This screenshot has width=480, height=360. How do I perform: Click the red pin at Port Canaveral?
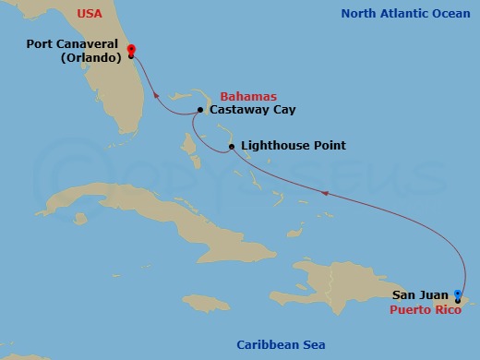131,50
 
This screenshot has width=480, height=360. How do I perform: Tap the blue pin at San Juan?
458,294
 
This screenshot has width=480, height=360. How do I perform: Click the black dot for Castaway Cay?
199,111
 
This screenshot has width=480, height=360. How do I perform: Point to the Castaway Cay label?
247,110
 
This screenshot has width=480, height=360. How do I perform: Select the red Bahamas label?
248,96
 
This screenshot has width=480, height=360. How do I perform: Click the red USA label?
77,14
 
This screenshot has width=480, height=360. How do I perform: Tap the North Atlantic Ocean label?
405,13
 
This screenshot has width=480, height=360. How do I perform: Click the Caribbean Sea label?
281,344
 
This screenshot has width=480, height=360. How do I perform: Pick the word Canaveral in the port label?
91,42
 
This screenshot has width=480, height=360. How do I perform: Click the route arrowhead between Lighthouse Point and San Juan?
323,192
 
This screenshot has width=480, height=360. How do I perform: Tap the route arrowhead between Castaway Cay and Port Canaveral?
157,92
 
